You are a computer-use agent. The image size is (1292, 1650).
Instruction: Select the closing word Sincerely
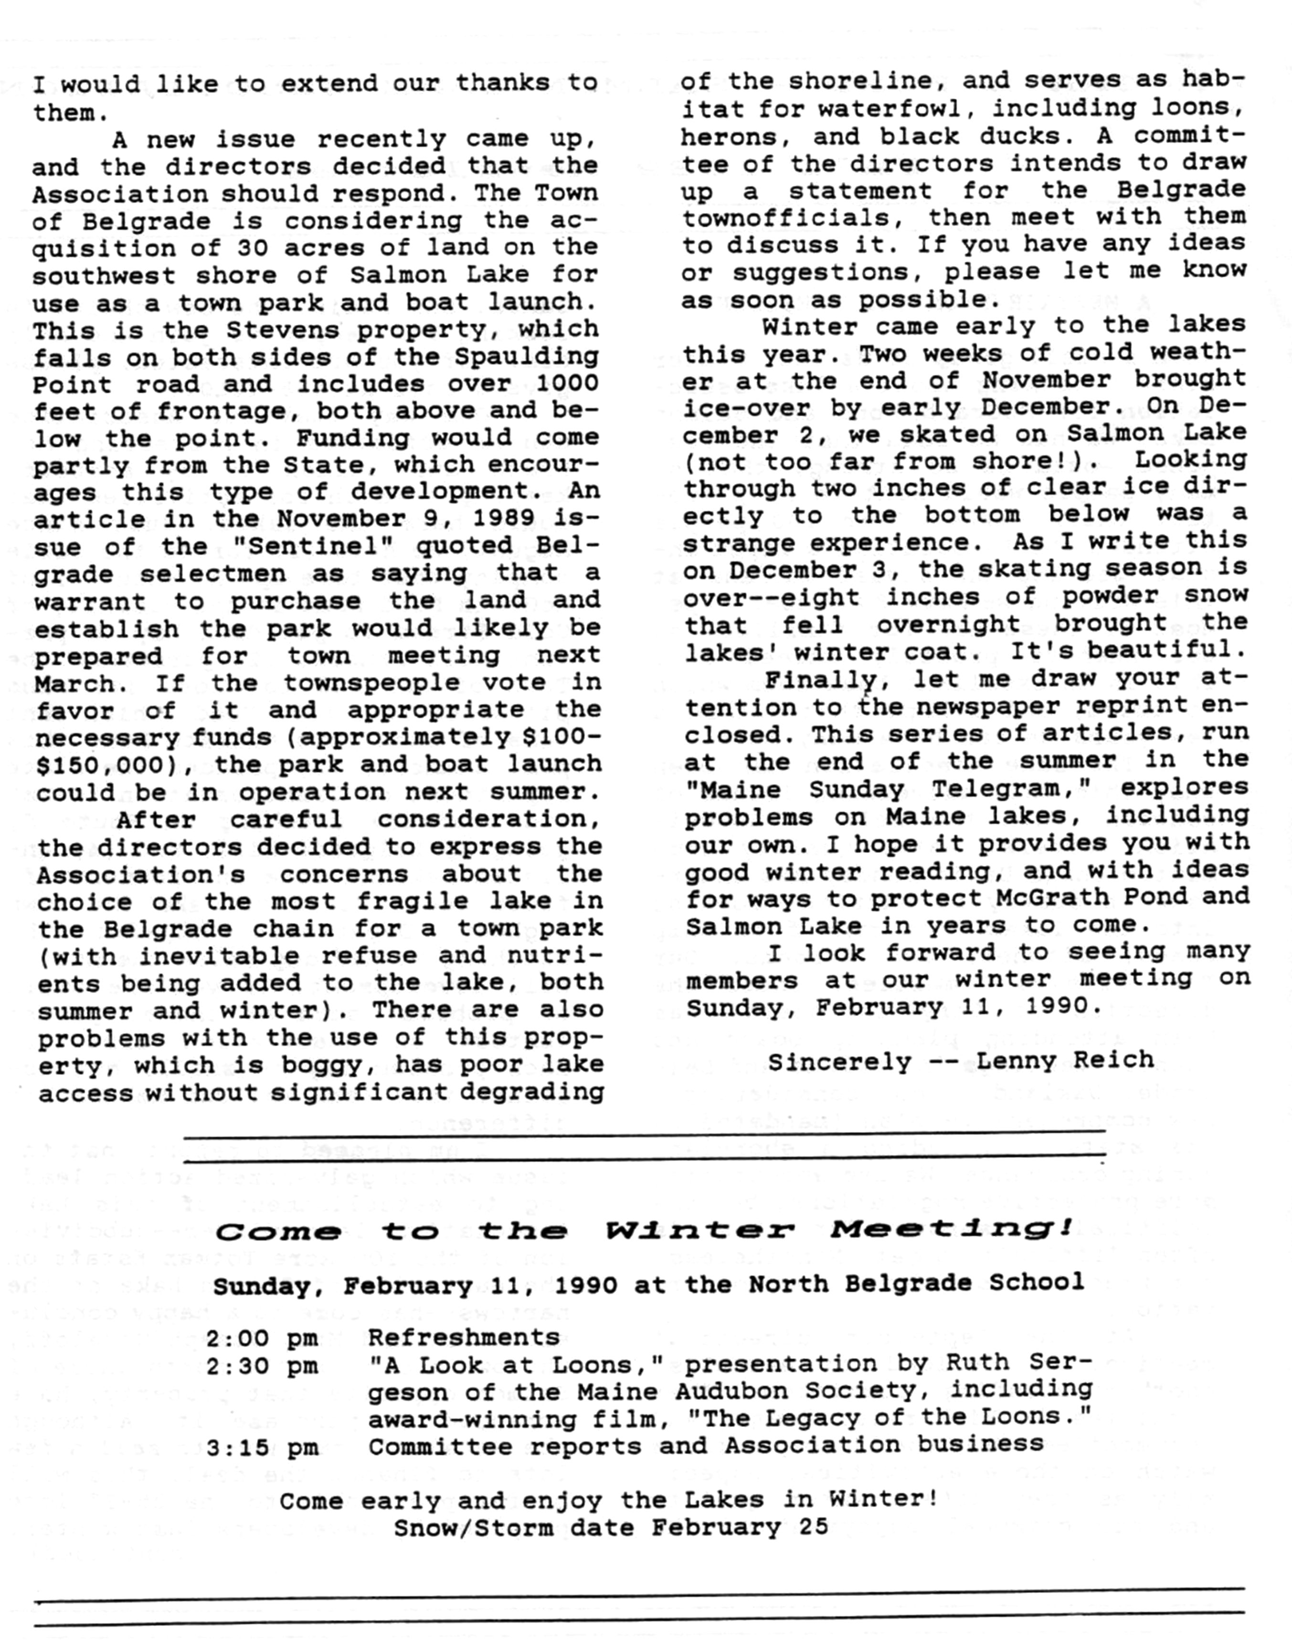(x=840, y=1062)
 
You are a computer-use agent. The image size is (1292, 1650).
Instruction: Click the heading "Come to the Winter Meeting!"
(x=644, y=1230)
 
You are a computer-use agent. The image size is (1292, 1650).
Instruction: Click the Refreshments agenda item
(x=464, y=1337)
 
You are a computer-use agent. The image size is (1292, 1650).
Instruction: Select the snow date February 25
(x=740, y=1527)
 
